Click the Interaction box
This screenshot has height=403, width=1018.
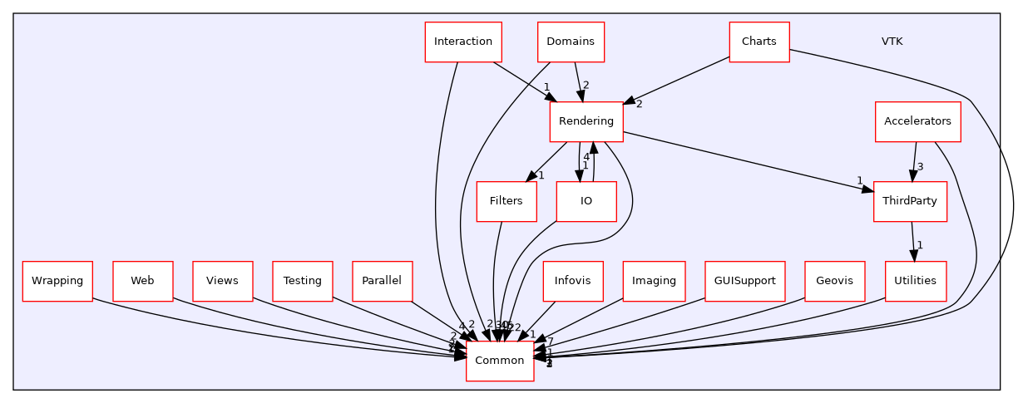coord(463,42)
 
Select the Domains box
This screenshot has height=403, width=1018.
coord(571,42)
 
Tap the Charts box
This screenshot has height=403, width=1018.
coord(759,42)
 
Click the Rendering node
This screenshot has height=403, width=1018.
coord(586,121)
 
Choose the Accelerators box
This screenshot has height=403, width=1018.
coord(917,121)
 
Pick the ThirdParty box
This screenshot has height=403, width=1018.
coord(910,201)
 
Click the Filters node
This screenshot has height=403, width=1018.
coord(506,201)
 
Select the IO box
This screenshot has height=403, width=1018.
coord(586,201)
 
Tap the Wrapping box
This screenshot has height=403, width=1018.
coord(57,281)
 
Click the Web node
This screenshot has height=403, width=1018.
coord(142,281)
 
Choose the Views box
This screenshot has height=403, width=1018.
coord(222,281)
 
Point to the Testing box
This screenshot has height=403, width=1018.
coord(302,281)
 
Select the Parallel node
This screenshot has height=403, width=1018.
coord(382,281)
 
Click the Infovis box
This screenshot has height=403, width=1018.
coord(572,281)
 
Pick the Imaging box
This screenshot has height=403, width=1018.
coord(654,281)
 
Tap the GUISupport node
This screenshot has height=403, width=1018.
coord(744,281)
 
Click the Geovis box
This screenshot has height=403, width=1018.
coord(834,281)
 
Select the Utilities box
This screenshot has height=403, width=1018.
coord(915,281)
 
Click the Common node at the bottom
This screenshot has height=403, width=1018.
coord(499,361)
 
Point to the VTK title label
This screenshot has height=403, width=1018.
coord(892,42)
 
